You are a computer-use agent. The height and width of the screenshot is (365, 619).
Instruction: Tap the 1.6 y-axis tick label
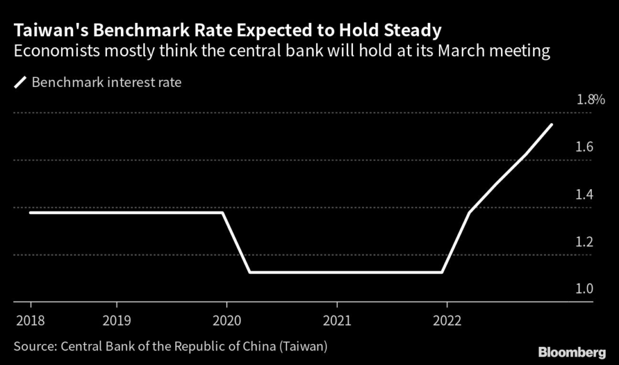[x=585, y=147]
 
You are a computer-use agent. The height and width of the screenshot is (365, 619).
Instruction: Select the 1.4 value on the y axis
[x=585, y=195]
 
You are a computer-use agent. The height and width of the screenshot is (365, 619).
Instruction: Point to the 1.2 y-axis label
[x=585, y=242]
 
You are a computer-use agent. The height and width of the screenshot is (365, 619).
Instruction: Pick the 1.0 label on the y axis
[x=585, y=289]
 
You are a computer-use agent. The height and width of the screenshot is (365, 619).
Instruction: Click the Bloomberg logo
[x=571, y=351]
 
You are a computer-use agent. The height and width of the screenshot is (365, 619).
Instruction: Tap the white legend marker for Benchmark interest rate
[x=20, y=82]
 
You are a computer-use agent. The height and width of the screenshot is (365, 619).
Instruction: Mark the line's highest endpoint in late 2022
[x=551, y=124]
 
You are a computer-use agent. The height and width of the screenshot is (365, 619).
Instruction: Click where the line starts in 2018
[x=30, y=212]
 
